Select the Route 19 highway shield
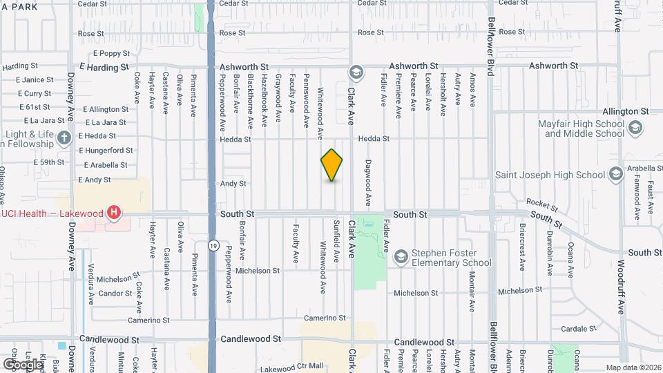click(x=214, y=245)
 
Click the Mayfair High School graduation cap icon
click(x=635, y=127)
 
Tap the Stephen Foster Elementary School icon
click(x=401, y=257)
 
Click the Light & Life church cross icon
click(x=64, y=137)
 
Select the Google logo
click(x=22, y=364)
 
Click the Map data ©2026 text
click(x=633, y=367)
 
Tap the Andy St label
click(x=233, y=184)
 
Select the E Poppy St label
click(x=110, y=53)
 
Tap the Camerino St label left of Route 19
click(x=148, y=321)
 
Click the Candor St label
click(x=115, y=294)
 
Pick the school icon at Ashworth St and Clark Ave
click(x=356, y=72)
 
